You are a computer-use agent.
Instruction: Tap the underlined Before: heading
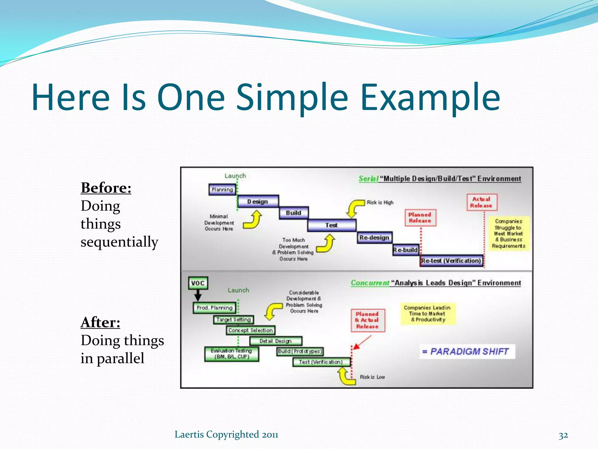(106, 188)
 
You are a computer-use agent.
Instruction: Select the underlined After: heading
(100, 322)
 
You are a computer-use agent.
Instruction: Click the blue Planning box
(222, 189)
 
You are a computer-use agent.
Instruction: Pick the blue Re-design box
(374, 237)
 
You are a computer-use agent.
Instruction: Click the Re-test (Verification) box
(451, 260)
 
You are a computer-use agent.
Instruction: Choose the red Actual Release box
(481, 202)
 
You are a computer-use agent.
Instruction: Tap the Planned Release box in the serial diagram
(420, 218)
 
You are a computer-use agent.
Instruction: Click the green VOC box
(198, 283)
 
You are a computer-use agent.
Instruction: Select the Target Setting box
(234, 320)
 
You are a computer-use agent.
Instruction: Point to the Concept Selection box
(251, 330)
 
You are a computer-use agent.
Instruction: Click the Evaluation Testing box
(232, 354)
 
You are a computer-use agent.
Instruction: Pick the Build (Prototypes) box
(300, 351)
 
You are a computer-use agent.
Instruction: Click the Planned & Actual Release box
(368, 320)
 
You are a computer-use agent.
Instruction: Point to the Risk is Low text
(372, 377)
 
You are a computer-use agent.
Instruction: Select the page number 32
(563, 435)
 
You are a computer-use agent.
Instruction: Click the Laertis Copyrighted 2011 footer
(226, 434)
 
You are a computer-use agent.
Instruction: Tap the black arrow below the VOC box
(198, 296)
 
